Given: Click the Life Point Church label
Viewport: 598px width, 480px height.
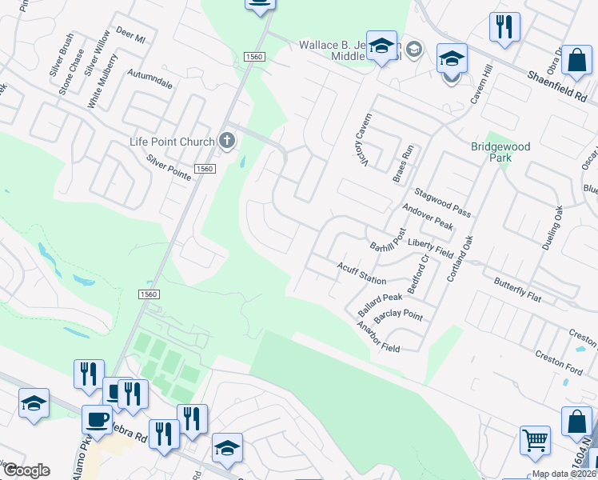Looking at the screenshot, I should [x=172, y=142].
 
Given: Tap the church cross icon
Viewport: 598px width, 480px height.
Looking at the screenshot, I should [x=228, y=142].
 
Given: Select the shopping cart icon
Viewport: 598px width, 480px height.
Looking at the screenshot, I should [x=535, y=439].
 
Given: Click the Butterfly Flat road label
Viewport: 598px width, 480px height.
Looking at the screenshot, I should [x=517, y=290].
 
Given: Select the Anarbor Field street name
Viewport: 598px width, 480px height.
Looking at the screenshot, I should [x=378, y=337].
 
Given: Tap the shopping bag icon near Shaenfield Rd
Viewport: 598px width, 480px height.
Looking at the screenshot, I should [x=576, y=61].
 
